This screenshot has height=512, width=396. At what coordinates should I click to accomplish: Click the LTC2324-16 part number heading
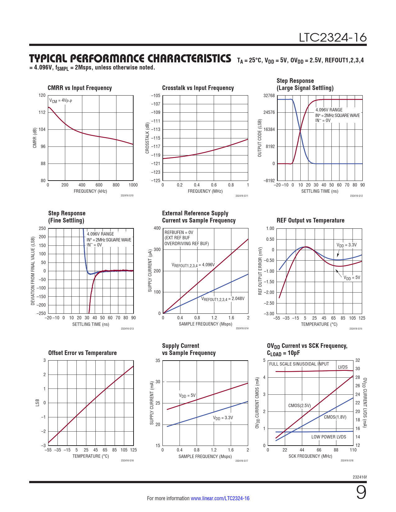(x=333, y=38)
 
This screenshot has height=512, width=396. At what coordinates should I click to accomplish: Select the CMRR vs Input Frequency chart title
(x=80, y=88)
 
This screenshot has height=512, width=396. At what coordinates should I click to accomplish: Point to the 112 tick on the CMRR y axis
(x=42, y=112)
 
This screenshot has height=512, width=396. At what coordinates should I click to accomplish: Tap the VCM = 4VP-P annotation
(x=61, y=101)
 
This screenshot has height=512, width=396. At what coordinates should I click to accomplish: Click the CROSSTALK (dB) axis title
(x=148, y=138)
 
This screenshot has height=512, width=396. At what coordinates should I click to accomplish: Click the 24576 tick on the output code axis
(x=269, y=112)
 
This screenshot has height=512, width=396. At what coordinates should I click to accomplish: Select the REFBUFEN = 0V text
(x=179, y=232)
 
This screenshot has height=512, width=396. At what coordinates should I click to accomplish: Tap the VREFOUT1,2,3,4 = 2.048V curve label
(x=223, y=299)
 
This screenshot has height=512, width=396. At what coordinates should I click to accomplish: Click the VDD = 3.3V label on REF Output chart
(x=347, y=245)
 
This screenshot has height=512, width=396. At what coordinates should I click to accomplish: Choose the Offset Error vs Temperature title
(x=82, y=353)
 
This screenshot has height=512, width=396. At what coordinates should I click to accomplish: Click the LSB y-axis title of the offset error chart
(x=37, y=403)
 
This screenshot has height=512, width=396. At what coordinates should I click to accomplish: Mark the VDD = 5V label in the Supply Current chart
(x=187, y=396)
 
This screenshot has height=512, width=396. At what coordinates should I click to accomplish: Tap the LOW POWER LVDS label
(x=329, y=437)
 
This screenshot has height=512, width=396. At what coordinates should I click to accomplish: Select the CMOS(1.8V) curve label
(x=335, y=417)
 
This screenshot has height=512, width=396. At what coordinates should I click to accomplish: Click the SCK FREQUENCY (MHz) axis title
(x=310, y=456)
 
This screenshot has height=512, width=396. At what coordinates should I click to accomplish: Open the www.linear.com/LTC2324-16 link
(x=220, y=498)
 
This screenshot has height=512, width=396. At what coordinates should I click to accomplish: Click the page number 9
(x=361, y=493)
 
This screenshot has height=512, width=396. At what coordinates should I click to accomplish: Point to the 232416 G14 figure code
(x=242, y=328)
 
